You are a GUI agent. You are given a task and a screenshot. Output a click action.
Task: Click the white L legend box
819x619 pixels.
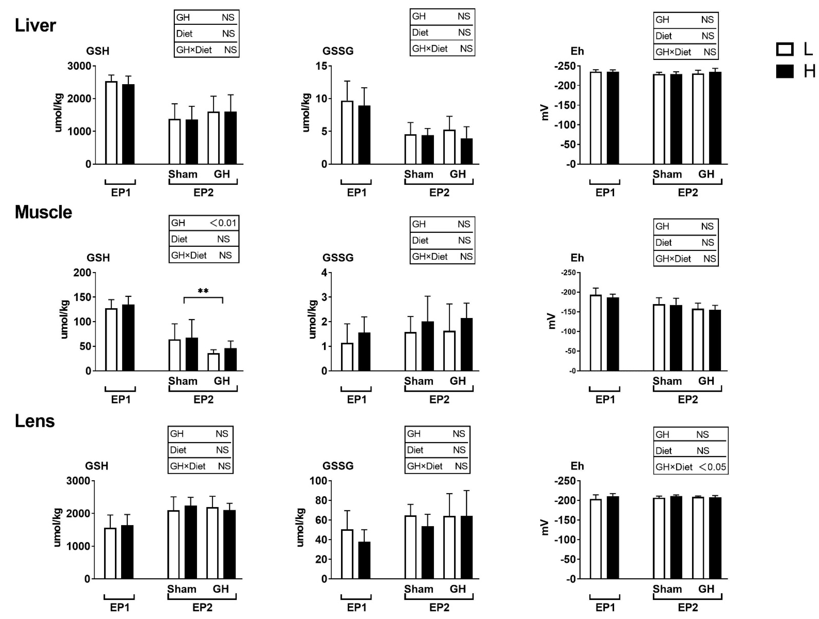click(785, 49)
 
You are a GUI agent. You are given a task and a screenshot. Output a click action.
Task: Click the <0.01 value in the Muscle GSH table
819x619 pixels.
click(223, 223)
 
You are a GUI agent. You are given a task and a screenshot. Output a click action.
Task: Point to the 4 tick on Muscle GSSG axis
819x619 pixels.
click(324, 273)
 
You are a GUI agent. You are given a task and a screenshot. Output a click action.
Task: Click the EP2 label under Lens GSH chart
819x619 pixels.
click(202, 607)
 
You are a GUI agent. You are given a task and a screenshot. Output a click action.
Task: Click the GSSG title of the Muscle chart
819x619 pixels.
click(338, 258)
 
